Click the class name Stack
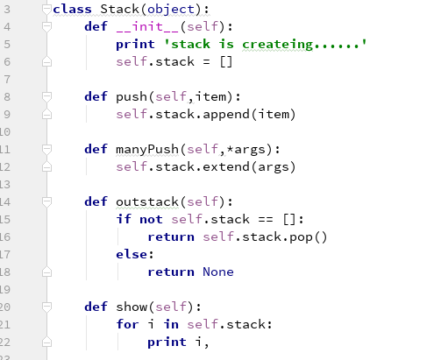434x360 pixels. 119,9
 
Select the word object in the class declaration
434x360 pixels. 171,10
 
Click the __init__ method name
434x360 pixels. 148,27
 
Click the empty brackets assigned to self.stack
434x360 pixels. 226,62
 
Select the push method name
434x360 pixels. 132,97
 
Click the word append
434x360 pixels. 226,115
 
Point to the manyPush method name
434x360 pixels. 147,150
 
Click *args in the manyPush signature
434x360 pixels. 246,150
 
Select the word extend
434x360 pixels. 226,166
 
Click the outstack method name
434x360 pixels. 147,201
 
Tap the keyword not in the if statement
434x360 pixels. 151,219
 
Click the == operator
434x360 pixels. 266,219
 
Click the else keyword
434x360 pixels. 132,254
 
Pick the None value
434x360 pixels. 218,272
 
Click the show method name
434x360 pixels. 132,307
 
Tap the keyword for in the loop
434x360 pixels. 127,324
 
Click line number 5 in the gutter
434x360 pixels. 7,45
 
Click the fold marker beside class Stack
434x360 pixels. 46,10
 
